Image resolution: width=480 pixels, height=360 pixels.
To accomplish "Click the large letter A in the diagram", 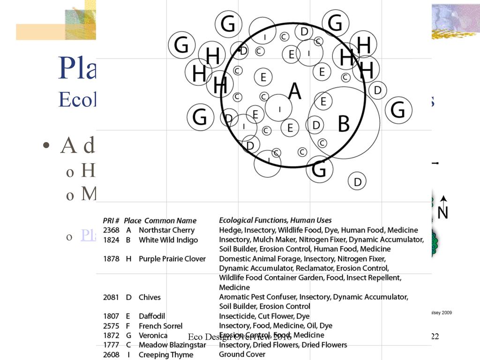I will (x=294, y=90).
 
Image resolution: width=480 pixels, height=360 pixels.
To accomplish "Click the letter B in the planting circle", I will (x=344, y=124).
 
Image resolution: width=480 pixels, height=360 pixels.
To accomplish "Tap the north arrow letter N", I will (x=442, y=212).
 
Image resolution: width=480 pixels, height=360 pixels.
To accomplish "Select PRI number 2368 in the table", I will (x=111, y=230).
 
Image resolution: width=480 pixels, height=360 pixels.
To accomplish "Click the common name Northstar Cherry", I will (x=166, y=230).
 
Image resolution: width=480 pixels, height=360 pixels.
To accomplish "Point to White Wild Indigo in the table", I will (x=168, y=240).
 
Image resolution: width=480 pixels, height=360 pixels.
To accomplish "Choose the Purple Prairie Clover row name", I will (x=172, y=259).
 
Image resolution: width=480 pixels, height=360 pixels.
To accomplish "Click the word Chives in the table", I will (x=150, y=297).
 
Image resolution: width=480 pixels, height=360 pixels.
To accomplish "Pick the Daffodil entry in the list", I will (x=152, y=316).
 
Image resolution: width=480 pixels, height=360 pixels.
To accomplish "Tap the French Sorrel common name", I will (x=160, y=326).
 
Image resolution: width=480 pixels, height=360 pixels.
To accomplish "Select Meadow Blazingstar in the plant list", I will (x=172, y=345).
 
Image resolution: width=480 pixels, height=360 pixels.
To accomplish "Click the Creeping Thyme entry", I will (x=166, y=355).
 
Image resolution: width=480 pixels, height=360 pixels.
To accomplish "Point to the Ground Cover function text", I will (x=242, y=354).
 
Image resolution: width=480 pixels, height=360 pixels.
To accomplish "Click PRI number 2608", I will (x=111, y=355).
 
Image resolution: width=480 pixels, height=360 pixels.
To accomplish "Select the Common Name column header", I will (x=170, y=220).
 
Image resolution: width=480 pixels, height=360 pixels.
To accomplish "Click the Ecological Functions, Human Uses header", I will (x=275, y=220).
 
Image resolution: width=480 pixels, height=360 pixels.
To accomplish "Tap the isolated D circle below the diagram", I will (x=357, y=181).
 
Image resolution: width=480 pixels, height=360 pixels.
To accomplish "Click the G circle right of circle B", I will (x=398, y=110).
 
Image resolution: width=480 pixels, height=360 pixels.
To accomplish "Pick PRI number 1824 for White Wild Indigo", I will (x=111, y=240).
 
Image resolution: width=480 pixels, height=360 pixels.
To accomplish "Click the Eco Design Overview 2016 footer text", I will (x=240, y=337).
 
